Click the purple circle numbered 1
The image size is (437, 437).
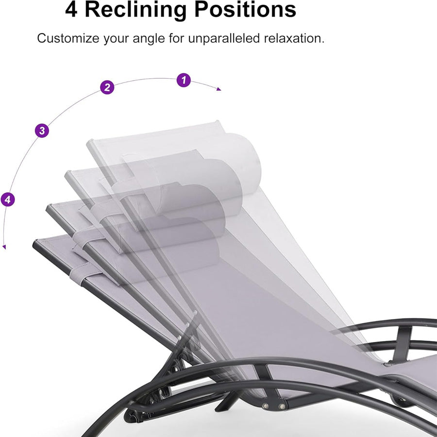(x=183, y=80)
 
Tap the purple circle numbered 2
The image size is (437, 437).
(x=107, y=88)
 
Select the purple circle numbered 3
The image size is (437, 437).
(x=42, y=130)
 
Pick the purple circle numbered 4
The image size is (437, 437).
(x=8, y=199)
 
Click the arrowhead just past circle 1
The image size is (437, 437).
(x=219, y=89)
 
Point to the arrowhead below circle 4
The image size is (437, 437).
(x=4, y=247)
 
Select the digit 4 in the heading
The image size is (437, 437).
(x=71, y=10)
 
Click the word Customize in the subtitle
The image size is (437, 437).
(x=67, y=38)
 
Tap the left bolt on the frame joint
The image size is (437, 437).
(x=266, y=405)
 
